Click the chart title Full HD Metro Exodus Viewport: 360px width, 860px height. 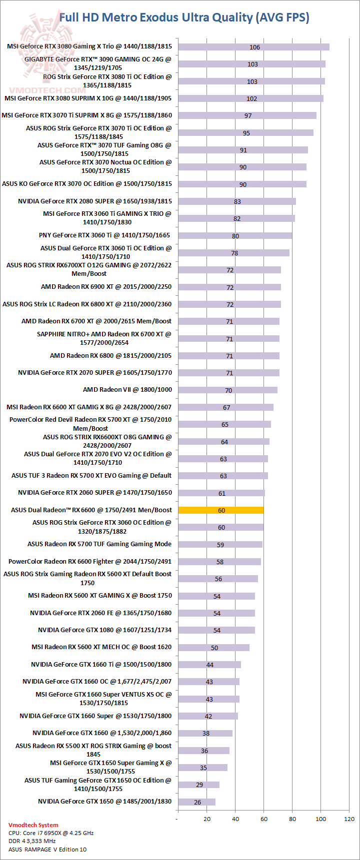coord(184,17)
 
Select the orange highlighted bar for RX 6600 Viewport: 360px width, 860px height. coord(221,510)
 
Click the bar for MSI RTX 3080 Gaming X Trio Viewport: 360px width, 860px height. coord(253,47)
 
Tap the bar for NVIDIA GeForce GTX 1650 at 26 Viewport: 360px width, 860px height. coord(196,802)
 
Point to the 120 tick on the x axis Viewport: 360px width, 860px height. coord(349,819)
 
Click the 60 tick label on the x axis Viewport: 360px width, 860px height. coord(264,819)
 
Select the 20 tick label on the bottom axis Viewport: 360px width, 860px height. coord(207,819)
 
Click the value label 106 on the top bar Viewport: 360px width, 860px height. coord(254,47)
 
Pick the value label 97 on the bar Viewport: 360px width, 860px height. coord(248,116)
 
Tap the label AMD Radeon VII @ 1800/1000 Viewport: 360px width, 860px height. coord(127,390)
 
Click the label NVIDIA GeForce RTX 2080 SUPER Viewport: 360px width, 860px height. coord(95,201)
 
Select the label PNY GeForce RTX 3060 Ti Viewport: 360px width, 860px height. coord(104,235)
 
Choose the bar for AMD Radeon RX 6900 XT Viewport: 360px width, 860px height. coord(229,287)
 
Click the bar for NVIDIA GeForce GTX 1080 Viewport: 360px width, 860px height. coord(216,630)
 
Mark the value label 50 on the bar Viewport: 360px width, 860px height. coord(214,648)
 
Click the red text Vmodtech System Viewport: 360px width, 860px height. coord(33,825)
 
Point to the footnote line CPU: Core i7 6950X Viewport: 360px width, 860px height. coord(51,833)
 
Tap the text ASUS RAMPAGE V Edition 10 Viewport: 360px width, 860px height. coord(47,850)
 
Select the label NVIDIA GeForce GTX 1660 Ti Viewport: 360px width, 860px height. coord(101,665)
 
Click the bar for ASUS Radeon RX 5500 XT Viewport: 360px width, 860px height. coord(203,751)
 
